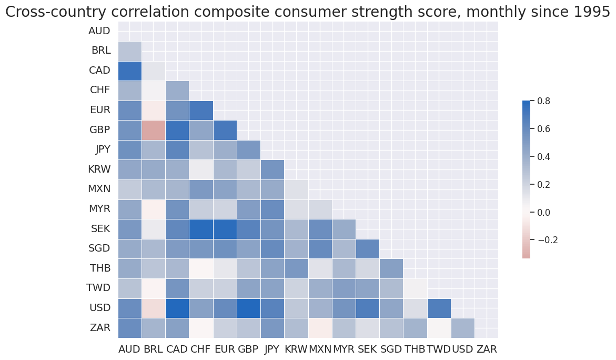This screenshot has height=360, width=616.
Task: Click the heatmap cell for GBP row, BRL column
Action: [x=154, y=130]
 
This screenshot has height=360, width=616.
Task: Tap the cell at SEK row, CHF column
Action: [x=201, y=229]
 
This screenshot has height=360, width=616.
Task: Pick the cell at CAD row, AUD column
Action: [x=130, y=71]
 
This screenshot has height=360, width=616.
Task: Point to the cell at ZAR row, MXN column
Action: [x=320, y=328]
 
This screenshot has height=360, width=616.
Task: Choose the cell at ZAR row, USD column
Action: [x=462, y=328]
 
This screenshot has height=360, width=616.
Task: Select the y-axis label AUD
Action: [x=99, y=31]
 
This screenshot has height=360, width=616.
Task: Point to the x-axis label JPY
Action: [x=272, y=349]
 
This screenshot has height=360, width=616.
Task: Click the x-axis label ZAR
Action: [x=486, y=349]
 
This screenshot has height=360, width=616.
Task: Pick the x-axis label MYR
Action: [x=344, y=349]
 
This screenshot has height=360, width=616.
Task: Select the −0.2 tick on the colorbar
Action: [x=547, y=240]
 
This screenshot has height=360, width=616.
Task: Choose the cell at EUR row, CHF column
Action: [x=201, y=110]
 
